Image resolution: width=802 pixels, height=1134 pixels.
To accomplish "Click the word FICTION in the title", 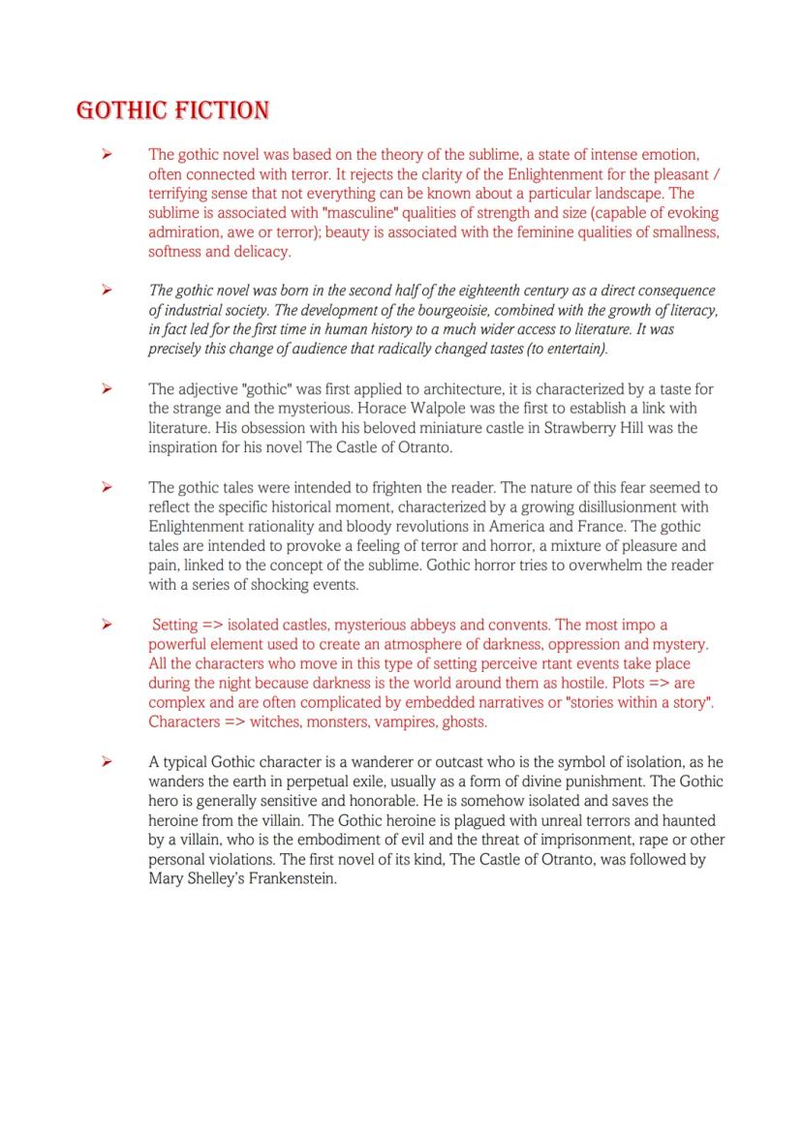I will click(222, 110).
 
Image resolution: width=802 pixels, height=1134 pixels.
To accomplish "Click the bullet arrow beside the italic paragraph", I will click(108, 291).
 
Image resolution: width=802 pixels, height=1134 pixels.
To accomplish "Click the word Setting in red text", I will click(175, 625).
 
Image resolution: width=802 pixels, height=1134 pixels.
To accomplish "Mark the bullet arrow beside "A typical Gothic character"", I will click(108, 762).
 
